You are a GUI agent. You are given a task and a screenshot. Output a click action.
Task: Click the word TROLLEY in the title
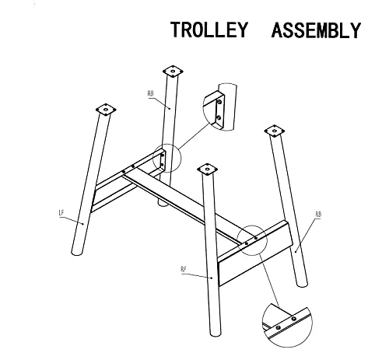pyautogui.click(x=209, y=30)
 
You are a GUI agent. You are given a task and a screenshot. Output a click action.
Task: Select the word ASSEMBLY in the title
pyautogui.click(x=316, y=30)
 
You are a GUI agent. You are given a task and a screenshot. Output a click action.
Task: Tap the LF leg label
pyautogui.click(x=61, y=213)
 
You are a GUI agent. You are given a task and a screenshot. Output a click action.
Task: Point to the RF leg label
pyautogui.click(x=184, y=269)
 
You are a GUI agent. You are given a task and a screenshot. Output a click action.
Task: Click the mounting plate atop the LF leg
pyautogui.click(x=106, y=110)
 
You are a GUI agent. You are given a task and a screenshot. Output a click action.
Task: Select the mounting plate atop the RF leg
pyautogui.click(x=207, y=170)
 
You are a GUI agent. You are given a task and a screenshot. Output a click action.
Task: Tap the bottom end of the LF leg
pyautogui.click(x=77, y=253)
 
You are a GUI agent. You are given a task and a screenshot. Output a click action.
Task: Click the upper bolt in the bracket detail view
pyautogui.click(x=219, y=102)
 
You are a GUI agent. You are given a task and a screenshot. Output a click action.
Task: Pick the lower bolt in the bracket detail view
pyautogui.click(x=219, y=118)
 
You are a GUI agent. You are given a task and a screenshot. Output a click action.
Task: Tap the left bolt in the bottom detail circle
pyautogui.click(x=279, y=327)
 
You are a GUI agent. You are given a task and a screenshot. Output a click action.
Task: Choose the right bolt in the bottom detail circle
pyautogui.click(x=293, y=319)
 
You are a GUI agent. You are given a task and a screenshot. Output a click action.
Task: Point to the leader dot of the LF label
pyautogui.click(x=83, y=224)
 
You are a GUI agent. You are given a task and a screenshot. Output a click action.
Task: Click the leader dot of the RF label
pyautogui.click(x=212, y=278)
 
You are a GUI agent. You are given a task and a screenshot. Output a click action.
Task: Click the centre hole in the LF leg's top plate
pyautogui.click(x=106, y=110)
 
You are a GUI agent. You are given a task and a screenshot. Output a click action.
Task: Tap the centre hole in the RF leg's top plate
pyautogui.click(x=207, y=170)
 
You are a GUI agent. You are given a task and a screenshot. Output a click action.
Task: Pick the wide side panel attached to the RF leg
pyautogui.click(x=255, y=253)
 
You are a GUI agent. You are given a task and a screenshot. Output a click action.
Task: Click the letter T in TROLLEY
pyautogui.click(x=177, y=30)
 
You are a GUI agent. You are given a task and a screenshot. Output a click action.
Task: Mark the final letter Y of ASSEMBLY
pyautogui.click(x=355, y=30)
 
